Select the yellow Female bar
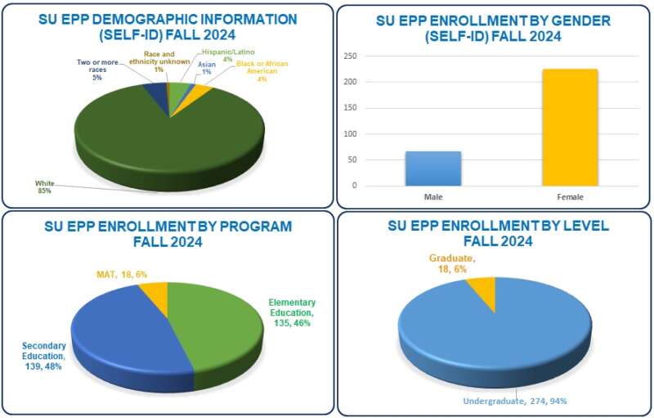pyautogui.click(x=569, y=127)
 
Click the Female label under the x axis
pyautogui.click(x=569, y=196)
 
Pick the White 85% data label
pyautogui.click(x=43, y=187)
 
